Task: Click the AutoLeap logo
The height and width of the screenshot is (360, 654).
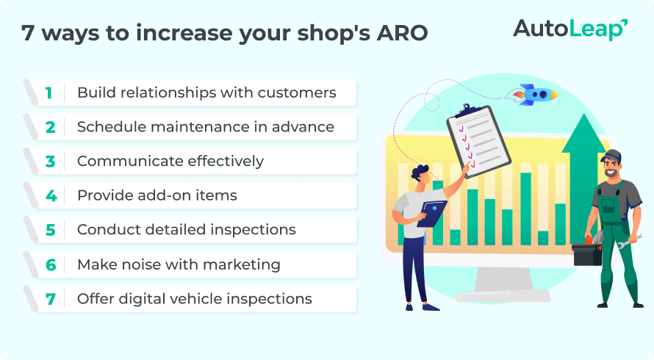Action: pos(570,29)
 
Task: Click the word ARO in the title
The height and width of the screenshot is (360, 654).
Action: pos(402,33)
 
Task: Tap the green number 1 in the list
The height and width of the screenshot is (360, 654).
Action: pos(48,93)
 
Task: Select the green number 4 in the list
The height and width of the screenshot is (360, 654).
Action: pos(51,195)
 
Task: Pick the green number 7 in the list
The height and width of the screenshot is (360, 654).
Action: pos(51,299)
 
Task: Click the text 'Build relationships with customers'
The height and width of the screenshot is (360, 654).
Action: pos(206,92)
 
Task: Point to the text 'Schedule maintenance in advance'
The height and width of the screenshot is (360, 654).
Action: pos(206,127)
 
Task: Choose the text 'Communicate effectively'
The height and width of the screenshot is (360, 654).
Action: pos(170,161)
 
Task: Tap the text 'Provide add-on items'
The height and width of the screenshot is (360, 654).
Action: pos(157,195)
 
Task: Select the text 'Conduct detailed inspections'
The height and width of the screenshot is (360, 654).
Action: pos(187,229)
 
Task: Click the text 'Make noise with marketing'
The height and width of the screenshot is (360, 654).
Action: pos(179,264)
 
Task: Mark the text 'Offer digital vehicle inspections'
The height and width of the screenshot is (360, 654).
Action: pos(195,299)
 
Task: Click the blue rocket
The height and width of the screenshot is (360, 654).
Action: pos(536,94)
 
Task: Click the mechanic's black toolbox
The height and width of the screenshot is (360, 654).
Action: pos(587,254)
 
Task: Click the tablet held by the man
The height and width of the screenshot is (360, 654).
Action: pos(432,214)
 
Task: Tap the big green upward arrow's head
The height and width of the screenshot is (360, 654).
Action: pos(583,133)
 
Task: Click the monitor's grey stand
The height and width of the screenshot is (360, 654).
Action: pos(503,284)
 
